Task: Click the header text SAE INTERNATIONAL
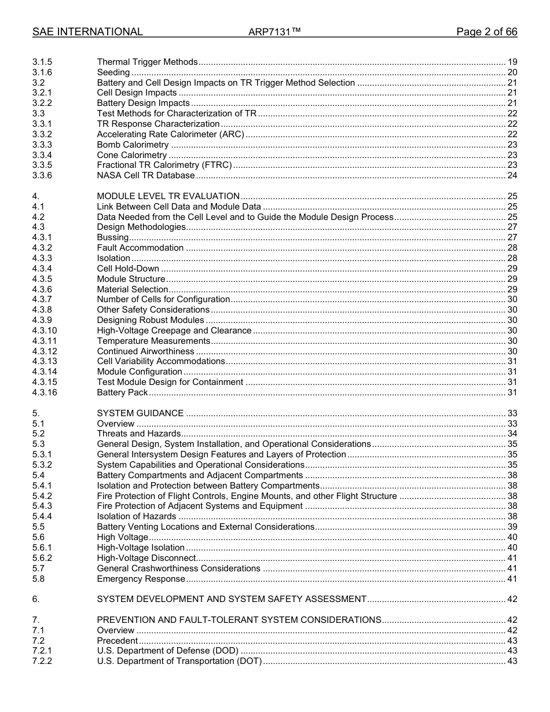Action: (x=87, y=32)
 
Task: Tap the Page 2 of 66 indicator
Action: (x=486, y=32)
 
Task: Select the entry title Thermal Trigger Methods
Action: (x=147, y=62)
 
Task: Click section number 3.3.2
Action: (x=42, y=134)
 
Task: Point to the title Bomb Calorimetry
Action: (x=133, y=145)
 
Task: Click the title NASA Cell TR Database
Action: (x=145, y=175)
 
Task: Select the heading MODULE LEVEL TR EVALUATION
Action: (x=168, y=196)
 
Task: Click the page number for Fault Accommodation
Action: (x=512, y=248)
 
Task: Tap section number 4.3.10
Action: (x=45, y=331)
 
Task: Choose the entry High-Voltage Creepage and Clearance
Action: (x=174, y=331)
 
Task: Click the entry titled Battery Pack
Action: (x=122, y=392)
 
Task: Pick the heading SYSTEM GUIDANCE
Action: (x=140, y=413)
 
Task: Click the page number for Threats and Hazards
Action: (x=512, y=434)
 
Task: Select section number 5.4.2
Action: (x=42, y=496)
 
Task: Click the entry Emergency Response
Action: (x=141, y=579)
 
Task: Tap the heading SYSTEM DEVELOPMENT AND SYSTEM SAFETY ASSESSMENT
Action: (x=232, y=599)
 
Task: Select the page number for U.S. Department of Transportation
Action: (x=512, y=661)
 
